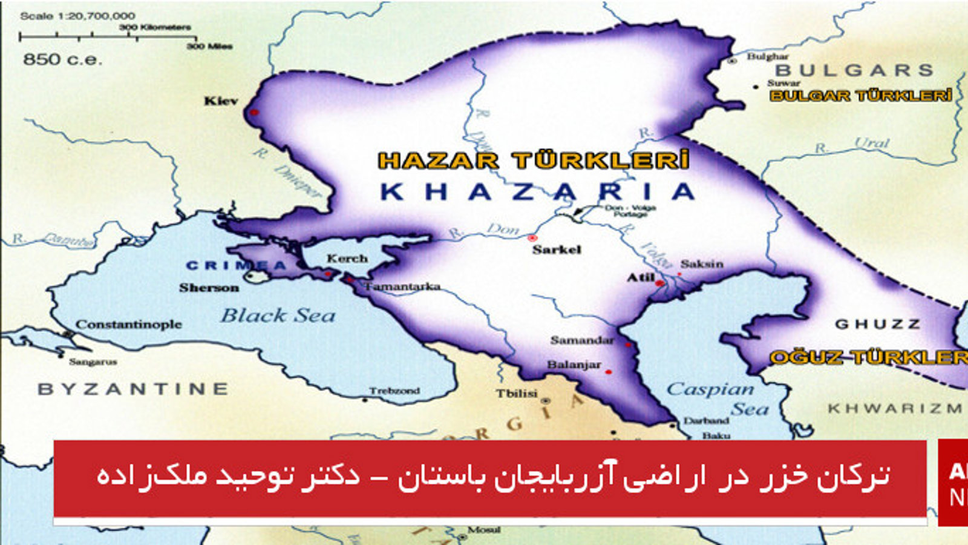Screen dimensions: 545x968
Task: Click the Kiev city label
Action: (221, 101)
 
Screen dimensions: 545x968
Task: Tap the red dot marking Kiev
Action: (254, 113)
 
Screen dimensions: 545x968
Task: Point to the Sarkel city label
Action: (557, 249)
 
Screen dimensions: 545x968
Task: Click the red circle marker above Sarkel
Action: (532, 239)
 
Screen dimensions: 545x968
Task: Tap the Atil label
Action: (641, 277)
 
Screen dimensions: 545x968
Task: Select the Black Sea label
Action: (278, 315)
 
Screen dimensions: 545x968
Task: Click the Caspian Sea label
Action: (711, 389)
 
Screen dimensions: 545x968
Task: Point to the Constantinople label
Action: (128, 325)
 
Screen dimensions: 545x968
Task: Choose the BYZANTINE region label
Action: (133, 389)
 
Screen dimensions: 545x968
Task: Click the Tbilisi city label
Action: (517, 394)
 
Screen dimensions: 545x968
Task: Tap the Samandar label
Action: (582, 340)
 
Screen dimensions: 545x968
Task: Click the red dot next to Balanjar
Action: (609, 372)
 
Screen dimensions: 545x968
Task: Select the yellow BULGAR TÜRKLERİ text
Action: (861, 96)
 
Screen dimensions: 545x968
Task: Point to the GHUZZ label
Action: (878, 325)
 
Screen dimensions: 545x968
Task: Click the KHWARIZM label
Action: (895, 409)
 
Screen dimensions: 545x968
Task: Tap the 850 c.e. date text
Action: (62, 59)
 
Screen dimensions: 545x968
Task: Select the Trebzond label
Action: (394, 391)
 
